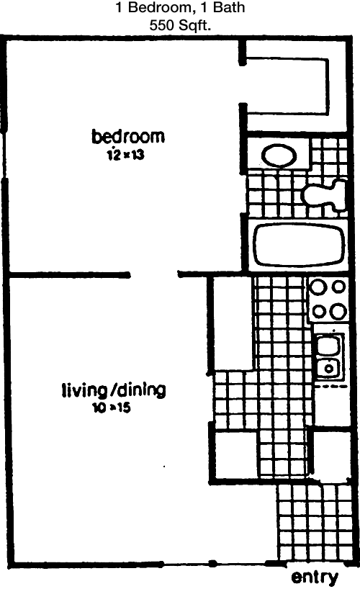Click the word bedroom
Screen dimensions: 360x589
(128, 136)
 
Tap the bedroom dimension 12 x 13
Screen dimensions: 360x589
(125, 155)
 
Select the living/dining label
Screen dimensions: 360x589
(114, 391)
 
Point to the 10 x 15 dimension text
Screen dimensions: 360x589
(112, 408)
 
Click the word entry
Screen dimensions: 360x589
(315, 577)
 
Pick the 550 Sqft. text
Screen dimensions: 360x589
(180, 25)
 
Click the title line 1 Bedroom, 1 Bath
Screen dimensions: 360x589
(180, 7)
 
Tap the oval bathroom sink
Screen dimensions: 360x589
(279, 156)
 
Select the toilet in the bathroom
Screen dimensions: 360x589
(326, 194)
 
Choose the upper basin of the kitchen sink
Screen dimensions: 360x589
(328, 345)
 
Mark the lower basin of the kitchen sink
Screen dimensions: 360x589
(328, 368)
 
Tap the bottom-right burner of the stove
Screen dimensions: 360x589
(338, 311)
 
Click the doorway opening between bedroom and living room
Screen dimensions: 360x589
(153, 274)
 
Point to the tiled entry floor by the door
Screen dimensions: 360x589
(315, 523)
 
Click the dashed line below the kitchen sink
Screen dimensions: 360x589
(331, 386)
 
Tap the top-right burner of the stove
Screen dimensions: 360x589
(339, 287)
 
